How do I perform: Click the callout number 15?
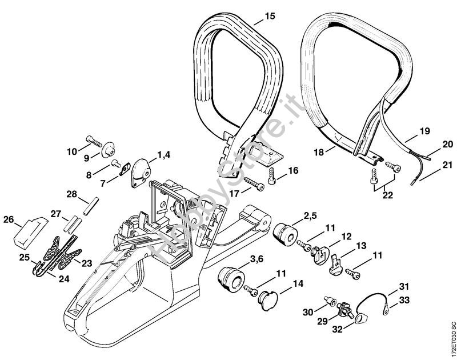pyautogui.click(x=270, y=16)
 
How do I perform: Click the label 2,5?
pyautogui.click(x=311, y=215)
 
